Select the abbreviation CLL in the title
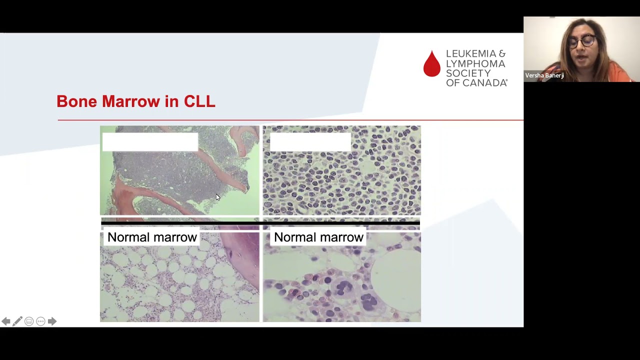point(199,101)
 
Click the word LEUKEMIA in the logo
point(475,54)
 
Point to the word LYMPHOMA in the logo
point(475,64)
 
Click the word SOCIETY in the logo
point(468,73)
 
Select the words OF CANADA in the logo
point(476,83)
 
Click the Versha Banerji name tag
point(544,75)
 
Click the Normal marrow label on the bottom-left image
point(152,237)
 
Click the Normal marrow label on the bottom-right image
point(318,237)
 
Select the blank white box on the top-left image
point(150,142)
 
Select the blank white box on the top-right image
point(310,142)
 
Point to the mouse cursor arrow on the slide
point(217,197)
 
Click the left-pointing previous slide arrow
point(6,321)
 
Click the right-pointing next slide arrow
point(52,321)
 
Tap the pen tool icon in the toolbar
point(17,321)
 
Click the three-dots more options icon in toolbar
point(40,321)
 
